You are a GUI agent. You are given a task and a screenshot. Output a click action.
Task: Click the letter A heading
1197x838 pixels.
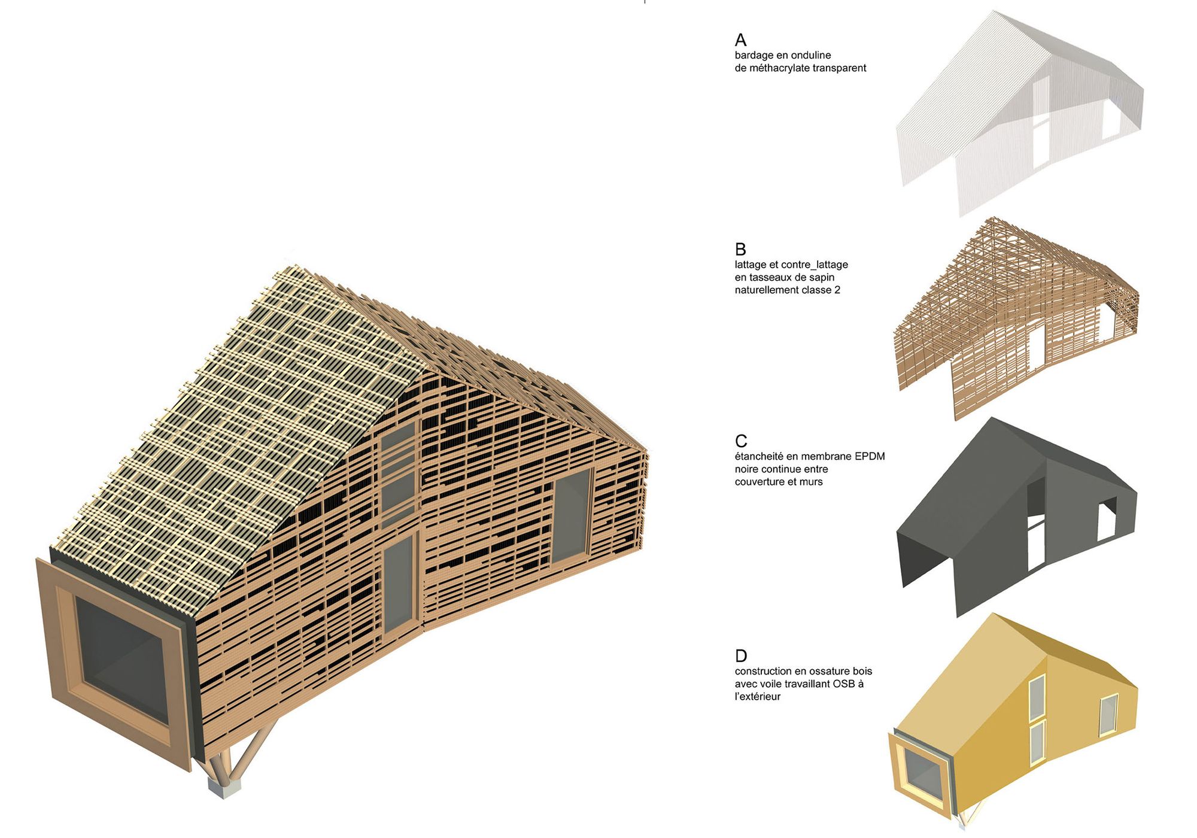coord(740,40)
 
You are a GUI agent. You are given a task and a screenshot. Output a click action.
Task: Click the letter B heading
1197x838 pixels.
coord(740,249)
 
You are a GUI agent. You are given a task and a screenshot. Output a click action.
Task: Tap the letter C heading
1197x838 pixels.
coord(741,441)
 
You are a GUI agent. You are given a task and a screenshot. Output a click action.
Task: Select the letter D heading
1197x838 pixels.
coord(741,656)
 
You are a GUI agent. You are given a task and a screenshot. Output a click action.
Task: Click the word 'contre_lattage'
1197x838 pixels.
coord(815,265)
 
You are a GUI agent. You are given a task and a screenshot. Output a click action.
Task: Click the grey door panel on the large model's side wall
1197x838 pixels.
coord(399,584)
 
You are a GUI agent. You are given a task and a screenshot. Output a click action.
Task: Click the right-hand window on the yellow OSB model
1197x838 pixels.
coord(1108,715)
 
